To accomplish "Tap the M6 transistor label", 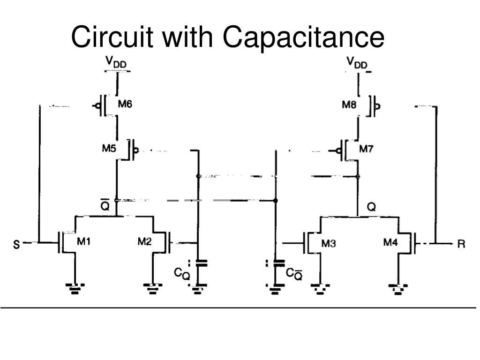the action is (125, 104).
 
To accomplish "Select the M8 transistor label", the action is (349, 105).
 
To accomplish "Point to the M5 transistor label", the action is (109, 149).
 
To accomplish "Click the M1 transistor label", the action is (83, 241).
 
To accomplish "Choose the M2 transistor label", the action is (144, 241).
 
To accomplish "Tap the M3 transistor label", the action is (329, 243).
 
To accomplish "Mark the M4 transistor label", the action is (390, 242).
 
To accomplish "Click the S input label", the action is (16, 244).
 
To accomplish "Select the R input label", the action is (461, 244).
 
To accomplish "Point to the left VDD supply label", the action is (116, 62).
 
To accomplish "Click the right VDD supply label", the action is (357, 62).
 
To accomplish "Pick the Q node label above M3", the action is (371, 207).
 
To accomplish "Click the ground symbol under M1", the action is (75, 288).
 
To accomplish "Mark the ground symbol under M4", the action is (398, 289).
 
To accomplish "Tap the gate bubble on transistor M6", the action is (97, 106).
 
